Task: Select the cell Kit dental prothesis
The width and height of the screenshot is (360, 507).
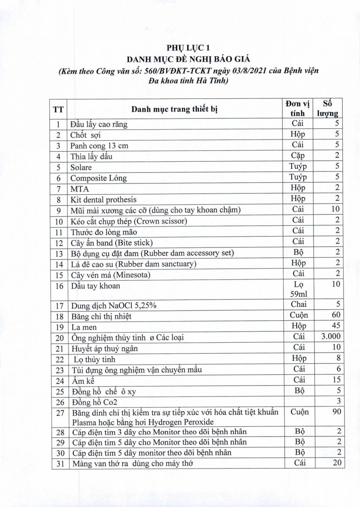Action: coord(104,199)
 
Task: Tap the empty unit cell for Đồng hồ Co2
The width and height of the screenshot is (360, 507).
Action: coord(300,402)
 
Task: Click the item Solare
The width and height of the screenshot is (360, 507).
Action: coord(81,167)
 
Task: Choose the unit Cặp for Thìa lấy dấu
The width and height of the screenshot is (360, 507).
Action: coord(300,156)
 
